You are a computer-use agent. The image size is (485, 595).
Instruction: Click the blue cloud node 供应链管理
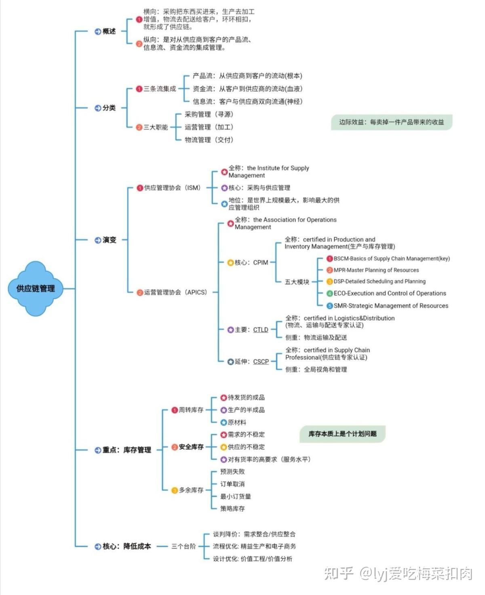tap(36, 288)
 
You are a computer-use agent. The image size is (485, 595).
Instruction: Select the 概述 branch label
tap(109, 31)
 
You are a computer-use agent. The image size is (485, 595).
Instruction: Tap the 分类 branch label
tap(109, 108)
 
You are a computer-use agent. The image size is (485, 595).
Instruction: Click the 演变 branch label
tap(109, 240)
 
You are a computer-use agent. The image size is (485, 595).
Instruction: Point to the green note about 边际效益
tap(391, 122)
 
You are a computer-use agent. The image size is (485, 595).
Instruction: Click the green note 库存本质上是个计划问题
tap(342, 434)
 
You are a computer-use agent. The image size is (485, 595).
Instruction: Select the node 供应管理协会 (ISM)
tap(172, 188)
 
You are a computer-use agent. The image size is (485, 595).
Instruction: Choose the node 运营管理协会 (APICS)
tap(175, 292)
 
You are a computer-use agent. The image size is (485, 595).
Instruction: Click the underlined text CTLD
tap(261, 330)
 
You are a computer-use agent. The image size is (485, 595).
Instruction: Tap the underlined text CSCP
tap(261, 362)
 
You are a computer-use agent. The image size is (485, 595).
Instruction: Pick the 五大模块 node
tap(297, 282)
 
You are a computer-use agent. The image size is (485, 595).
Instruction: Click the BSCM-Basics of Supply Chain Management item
tap(392, 259)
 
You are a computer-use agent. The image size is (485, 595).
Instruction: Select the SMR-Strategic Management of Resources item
tap(391, 306)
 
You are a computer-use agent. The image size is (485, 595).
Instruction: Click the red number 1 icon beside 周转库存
tap(175, 410)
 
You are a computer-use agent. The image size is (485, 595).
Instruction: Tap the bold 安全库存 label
tap(191, 447)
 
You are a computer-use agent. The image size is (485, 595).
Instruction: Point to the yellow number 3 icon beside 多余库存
tap(175, 490)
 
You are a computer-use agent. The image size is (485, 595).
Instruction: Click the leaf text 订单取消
tap(232, 484)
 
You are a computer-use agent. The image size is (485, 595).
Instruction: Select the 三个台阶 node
tap(183, 547)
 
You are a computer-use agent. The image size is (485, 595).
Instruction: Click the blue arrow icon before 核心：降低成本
tap(98, 547)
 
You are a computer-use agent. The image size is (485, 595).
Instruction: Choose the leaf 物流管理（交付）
tap(209, 140)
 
